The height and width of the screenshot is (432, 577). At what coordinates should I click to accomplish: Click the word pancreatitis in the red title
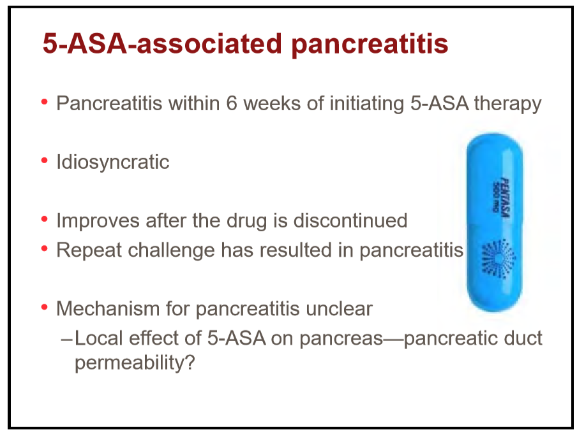click(x=370, y=45)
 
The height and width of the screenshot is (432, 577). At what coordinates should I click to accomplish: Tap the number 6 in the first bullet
click(x=232, y=103)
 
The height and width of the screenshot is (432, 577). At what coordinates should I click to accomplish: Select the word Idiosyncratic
click(x=112, y=162)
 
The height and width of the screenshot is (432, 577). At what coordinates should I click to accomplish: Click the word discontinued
click(x=350, y=220)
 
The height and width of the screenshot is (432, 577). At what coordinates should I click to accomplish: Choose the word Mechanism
click(x=108, y=308)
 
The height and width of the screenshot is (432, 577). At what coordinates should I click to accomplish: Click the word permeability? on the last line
click(x=135, y=363)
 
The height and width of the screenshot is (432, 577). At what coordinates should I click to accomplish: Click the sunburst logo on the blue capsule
click(x=498, y=259)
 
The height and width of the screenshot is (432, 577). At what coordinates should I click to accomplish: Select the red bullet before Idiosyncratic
click(x=45, y=161)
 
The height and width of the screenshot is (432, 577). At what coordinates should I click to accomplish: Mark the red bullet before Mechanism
click(x=45, y=307)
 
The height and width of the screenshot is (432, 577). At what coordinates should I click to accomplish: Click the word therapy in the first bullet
click(x=507, y=104)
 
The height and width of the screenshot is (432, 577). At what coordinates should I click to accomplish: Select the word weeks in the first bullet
click(x=272, y=103)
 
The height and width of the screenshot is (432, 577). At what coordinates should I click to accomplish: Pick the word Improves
click(x=98, y=221)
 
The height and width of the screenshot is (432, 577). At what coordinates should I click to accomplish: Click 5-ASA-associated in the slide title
click(x=162, y=44)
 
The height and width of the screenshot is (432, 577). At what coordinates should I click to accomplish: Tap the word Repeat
click(x=89, y=250)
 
